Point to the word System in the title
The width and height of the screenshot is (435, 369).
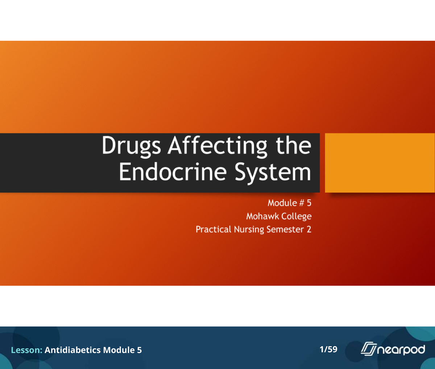[273, 172]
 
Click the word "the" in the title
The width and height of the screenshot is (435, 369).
[293, 145]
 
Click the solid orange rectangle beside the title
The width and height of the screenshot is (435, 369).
[380, 163]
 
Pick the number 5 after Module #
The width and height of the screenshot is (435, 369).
[309, 203]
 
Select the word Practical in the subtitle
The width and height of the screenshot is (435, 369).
[213, 229]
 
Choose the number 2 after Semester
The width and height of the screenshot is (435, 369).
[309, 229]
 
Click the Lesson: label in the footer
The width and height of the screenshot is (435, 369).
[26, 350]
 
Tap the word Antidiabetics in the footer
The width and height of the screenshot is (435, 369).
[72, 350]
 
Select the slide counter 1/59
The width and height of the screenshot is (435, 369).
[328, 349]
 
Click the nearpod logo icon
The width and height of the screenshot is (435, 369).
[369, 349]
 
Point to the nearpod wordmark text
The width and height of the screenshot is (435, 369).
[401, 350]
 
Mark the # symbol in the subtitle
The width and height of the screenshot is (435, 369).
[302, 203]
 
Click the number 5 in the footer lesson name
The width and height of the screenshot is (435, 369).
[139, 350]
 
